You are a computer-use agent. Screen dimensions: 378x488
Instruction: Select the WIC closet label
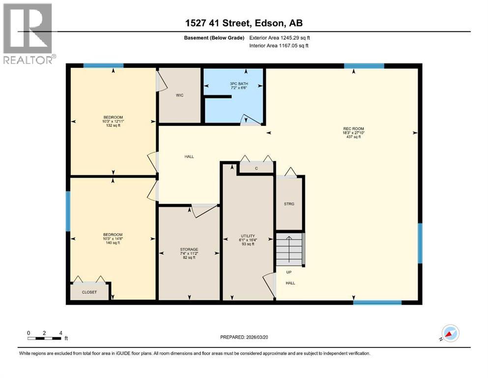point(179,95)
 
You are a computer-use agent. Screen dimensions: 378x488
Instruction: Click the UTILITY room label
point(247,236)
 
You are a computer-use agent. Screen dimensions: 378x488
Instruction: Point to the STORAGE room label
point(188,249)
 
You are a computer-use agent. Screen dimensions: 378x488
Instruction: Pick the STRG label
point(289,204)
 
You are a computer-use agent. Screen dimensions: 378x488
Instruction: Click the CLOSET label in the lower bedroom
point(89,292)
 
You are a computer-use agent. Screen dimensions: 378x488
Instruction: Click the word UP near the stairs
point(289,271)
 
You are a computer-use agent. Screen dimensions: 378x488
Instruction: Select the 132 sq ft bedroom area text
point(113,126)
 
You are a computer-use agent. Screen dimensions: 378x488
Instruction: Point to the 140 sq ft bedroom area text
point(113,243)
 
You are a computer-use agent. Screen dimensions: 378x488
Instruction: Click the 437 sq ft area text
point(353,137)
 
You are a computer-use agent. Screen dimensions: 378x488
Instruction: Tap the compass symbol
point(450,333)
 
